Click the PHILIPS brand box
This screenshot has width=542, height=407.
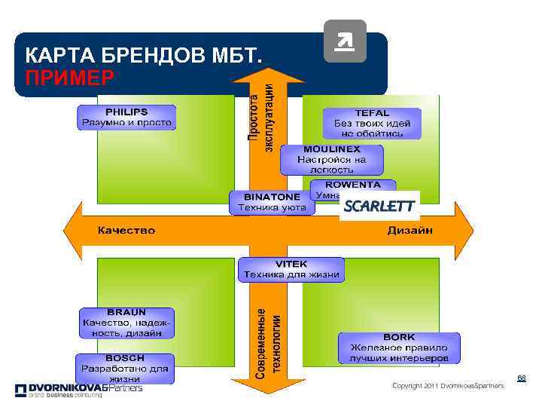coord(126,117)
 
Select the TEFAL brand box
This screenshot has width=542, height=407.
coord(372,123)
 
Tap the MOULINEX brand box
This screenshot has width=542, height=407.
coord(331,160)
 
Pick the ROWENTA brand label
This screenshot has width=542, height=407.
coord(353,185)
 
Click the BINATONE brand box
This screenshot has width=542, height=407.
coord(272,202)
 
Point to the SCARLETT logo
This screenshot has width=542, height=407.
coord(379,206)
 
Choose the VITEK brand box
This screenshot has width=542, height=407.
coord(291,270)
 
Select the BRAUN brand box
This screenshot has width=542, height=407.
coord(127,323)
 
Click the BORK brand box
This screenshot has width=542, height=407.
coord(398,347)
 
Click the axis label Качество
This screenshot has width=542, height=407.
coord(126,231)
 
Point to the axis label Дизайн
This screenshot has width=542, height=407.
coord(410,231)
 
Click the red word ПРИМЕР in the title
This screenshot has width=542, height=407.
coord(69,78)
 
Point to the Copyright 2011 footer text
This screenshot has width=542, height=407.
coord(448,386)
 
